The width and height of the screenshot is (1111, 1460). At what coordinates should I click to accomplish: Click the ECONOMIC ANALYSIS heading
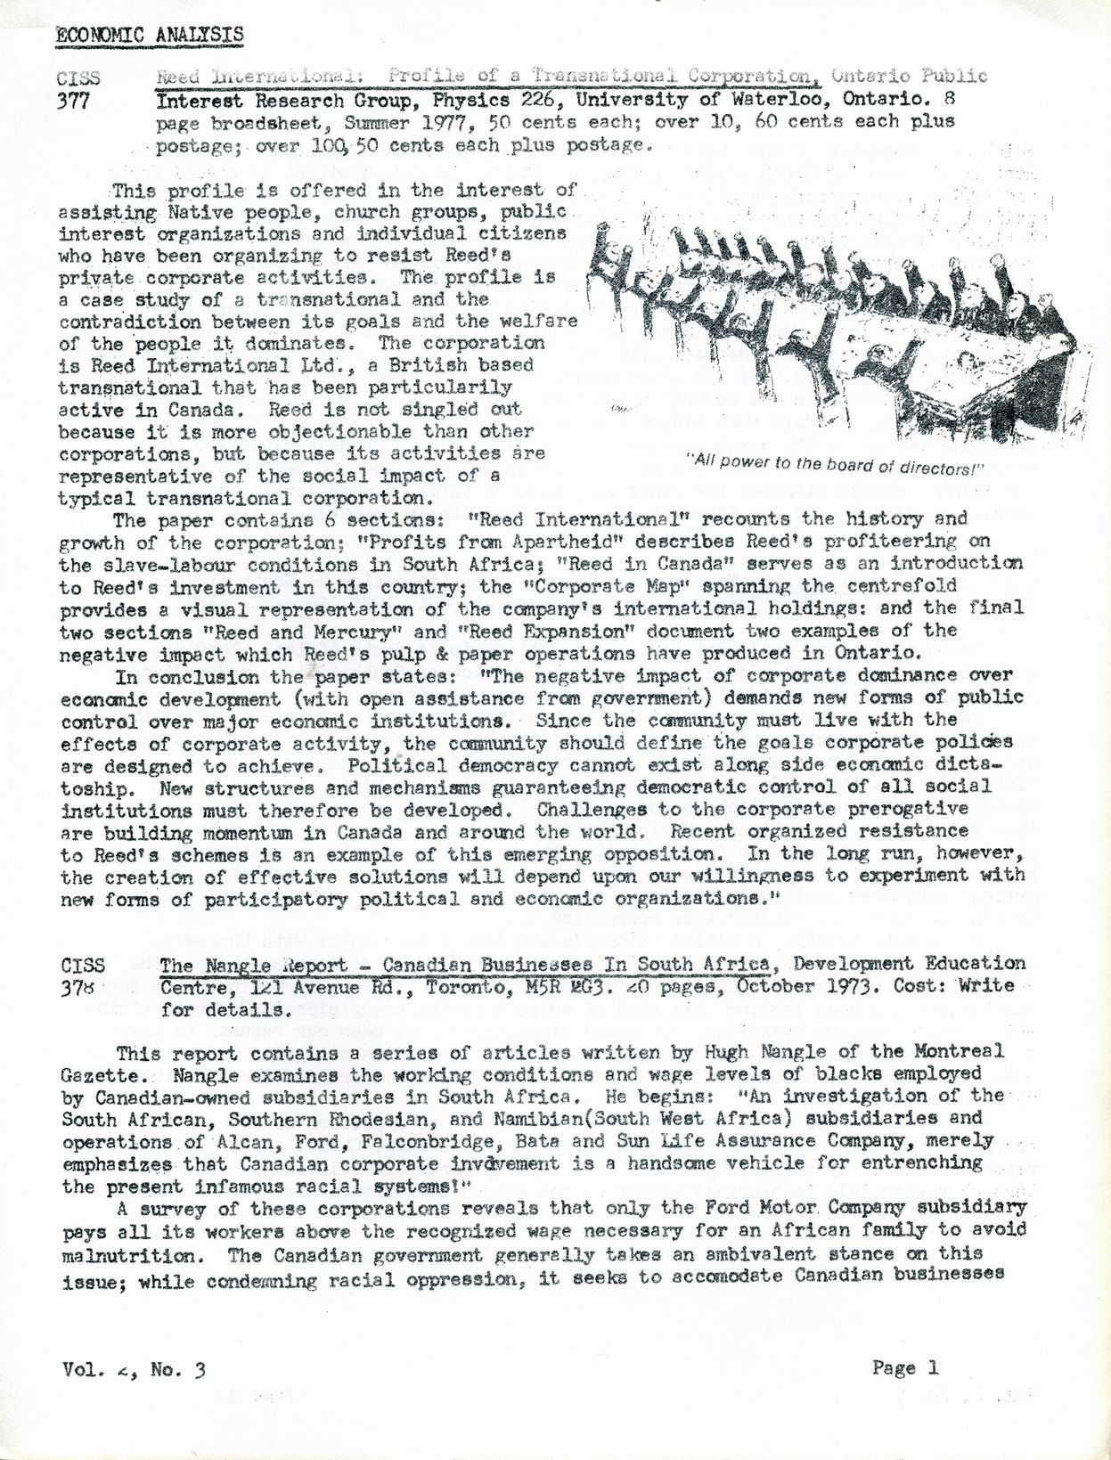coord(150,35)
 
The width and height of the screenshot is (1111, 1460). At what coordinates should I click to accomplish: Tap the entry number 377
coord(74,101)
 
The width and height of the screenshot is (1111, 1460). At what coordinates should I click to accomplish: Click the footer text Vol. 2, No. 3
coord(135,1369)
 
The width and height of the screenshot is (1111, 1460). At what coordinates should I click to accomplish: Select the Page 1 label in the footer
coord(905,1367)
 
